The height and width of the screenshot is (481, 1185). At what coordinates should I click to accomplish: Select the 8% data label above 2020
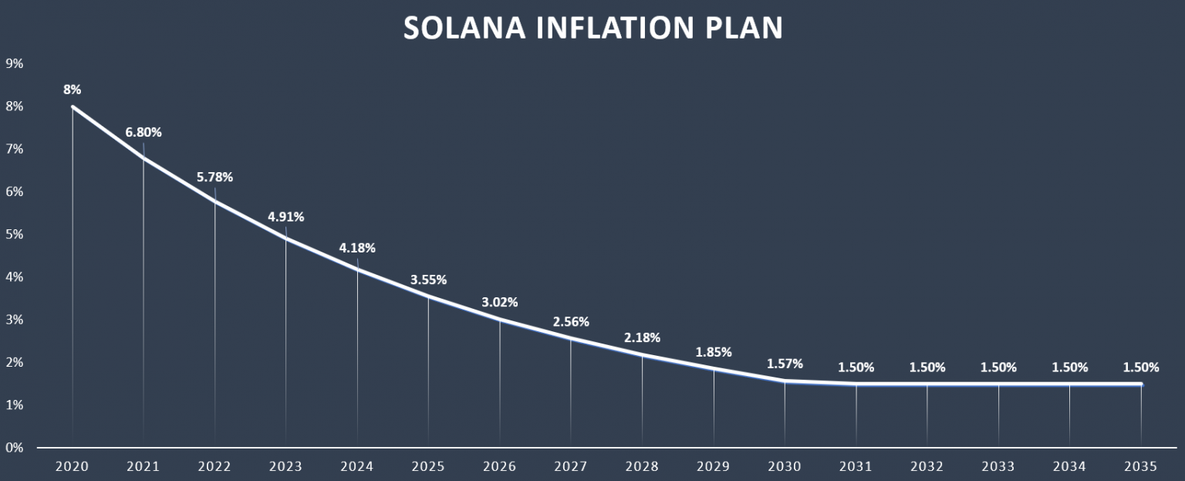pyautogui.click(x=72, y=90)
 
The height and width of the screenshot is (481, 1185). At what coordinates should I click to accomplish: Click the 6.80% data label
pyautogui.click(x=143, y=132)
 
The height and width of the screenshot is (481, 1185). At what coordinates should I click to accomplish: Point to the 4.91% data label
pyautogui.click(x=286, y=217)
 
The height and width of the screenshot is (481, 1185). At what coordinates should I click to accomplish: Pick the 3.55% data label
pyautogui.click(x=428, y=279)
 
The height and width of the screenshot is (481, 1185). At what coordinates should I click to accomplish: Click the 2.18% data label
pyautogui.click(x=642, y=337)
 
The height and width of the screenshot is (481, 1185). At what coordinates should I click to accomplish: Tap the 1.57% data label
pyautogui.click(x=785, y=364)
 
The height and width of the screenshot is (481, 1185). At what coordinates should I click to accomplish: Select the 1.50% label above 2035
pyautogui.click(x=1141, y=368)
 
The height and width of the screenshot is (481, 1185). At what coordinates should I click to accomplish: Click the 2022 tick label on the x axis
pyautogui.click(x=214, y=466)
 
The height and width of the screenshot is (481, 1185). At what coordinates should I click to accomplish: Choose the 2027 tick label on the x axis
pyautogui.click(x=571, y=466)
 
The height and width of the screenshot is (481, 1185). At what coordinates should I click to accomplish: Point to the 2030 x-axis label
pyautogui.click(x=785, y=466)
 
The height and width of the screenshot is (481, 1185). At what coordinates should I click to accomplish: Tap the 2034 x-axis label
pyautogui.click(x=1069, y=466)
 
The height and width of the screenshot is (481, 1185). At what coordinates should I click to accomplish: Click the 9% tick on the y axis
pyautogui.click(x=15, y=63)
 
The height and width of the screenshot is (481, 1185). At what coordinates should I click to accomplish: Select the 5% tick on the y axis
pyautogui.click(x=15, y=234)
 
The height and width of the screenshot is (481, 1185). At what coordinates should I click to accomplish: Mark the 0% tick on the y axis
pyautogui.click(x=15, y=448)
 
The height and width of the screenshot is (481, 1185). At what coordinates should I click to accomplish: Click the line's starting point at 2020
pyautogui.click(x=73, y=107)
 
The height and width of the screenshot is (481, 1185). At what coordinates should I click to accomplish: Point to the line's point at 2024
pyautogui.click(x=357, y=269)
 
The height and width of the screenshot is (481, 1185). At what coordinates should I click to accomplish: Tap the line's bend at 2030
pyautogui.click(x=785, y=381)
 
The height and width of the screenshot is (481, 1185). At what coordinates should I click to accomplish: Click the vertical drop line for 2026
pyautogui.click(x=500, y=386)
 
